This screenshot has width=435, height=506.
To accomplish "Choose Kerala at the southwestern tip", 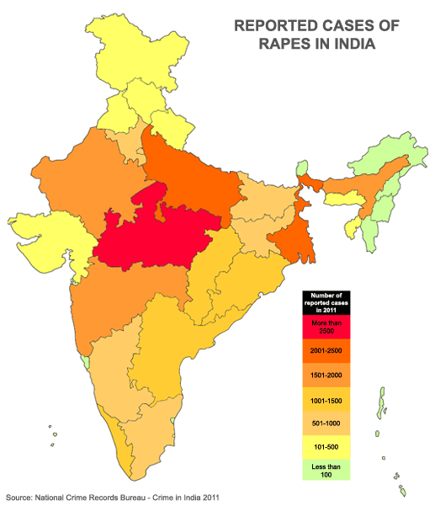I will coord(124,459).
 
